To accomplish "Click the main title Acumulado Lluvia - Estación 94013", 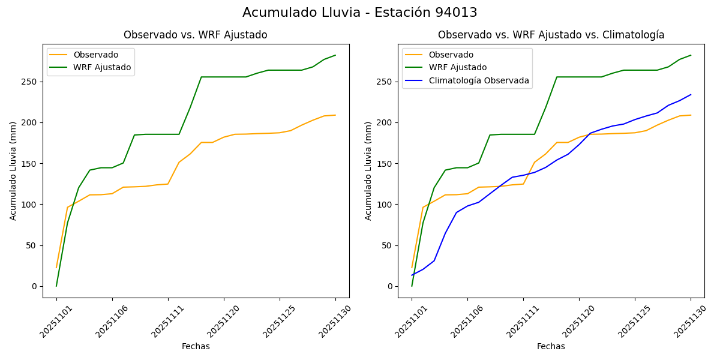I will pos(360,13).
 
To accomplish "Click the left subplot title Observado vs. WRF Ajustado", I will pos(196,35).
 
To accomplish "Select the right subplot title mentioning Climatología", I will pos(551,35).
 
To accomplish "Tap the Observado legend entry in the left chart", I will pos(96,55).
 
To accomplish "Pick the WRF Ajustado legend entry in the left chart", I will pos(102,67).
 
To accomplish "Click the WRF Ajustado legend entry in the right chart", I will pos(457,67).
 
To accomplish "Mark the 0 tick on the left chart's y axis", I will pos(35,286).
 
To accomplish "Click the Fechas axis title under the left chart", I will pos(196,346).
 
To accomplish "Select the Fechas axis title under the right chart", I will pos(551,346).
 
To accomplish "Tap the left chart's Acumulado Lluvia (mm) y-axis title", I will pos(13,170).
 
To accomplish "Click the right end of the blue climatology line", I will pos(691,94).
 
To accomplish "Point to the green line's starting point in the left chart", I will pos(56,286).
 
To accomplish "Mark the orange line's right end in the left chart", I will pos(335,115).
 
